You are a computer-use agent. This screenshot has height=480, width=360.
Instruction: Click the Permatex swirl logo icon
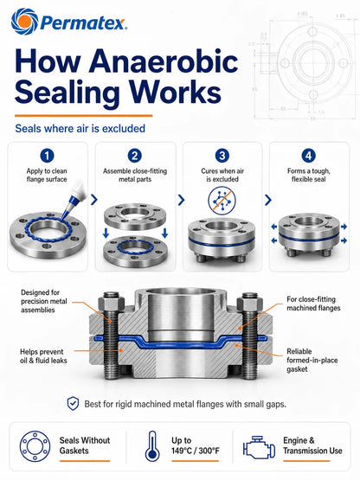coord(24,22)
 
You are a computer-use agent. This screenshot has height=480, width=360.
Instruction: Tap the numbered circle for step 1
coord(47,156)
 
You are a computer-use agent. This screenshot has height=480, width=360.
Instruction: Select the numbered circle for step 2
coord(135,156)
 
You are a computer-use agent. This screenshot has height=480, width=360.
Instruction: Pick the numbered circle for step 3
coord(222,156)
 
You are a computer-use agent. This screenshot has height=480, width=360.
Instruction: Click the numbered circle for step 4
coord(309,156)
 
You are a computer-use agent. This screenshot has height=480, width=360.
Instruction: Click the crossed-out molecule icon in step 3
coord(222,201)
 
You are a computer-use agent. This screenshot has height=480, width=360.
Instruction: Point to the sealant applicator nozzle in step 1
coord(73,199)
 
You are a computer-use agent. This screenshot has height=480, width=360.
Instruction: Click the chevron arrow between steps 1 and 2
coord(94,200)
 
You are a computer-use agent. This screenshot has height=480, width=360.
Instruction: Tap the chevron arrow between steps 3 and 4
coord(268,200)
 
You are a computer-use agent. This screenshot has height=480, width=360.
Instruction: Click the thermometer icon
coord(152,446)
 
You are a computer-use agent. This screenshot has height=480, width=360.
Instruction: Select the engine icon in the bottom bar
coord(259,447)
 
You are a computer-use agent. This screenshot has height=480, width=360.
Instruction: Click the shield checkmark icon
coord(73,404)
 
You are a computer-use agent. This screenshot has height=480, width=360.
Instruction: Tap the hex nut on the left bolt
coord(112,304)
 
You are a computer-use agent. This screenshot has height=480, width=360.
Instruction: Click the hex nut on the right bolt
coord(250,304)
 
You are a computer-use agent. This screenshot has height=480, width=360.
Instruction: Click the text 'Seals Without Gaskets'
coord(85,445)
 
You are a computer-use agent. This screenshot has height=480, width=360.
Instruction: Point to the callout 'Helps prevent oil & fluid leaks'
coord(43,356)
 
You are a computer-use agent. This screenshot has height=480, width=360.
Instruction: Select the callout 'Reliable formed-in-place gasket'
coord(312,360)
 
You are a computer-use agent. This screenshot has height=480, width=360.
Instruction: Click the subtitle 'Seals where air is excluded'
coord(80,129)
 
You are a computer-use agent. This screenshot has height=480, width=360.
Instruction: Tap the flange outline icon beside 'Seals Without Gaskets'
coord(35,446)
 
